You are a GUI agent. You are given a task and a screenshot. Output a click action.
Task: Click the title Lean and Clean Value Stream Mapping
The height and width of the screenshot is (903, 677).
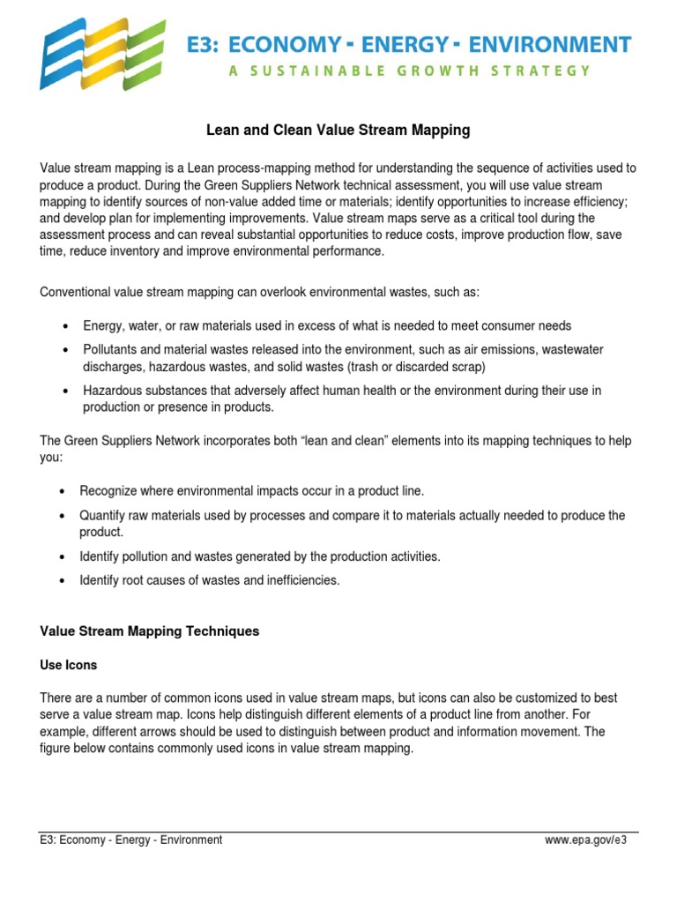click(x=338, y=131)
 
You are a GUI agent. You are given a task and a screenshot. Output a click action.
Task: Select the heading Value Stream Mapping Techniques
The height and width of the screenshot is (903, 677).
click(x=150, y=631)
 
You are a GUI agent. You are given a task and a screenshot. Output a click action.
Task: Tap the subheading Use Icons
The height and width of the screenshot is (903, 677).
click(x=68, y=664)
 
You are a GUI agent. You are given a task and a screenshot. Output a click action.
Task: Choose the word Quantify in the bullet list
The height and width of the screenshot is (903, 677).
click(x=102, y=515)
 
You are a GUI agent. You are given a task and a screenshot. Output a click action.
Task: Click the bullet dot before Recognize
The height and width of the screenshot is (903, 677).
click(x=62, y=491)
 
